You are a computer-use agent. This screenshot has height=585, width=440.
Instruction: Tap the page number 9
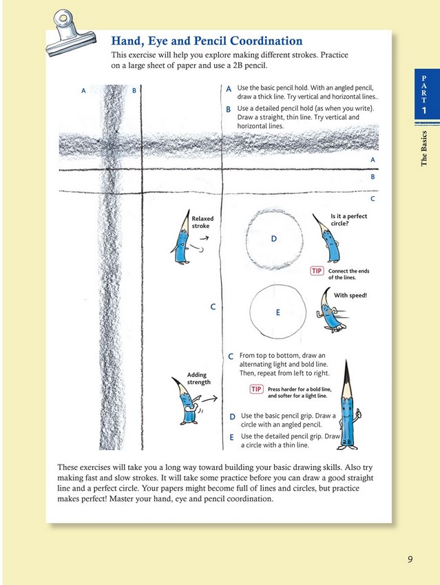(410, 559)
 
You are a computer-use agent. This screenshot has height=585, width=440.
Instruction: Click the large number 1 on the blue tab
(424, 111)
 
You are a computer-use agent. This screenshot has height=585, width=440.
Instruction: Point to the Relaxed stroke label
(202, 222)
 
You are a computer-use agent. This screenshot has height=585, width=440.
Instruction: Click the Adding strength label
(199, 378)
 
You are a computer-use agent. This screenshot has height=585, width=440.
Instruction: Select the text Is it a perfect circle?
(348, 220)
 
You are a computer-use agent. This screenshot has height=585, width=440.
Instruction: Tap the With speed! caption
(351, 295)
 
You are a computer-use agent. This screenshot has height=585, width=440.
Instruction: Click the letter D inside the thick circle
(273, 239)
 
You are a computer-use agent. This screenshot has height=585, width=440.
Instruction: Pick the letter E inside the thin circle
(277, 312)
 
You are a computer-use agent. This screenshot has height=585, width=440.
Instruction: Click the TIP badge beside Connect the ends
(317, 271)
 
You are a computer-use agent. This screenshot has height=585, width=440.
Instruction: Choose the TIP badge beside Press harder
(256, 389)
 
